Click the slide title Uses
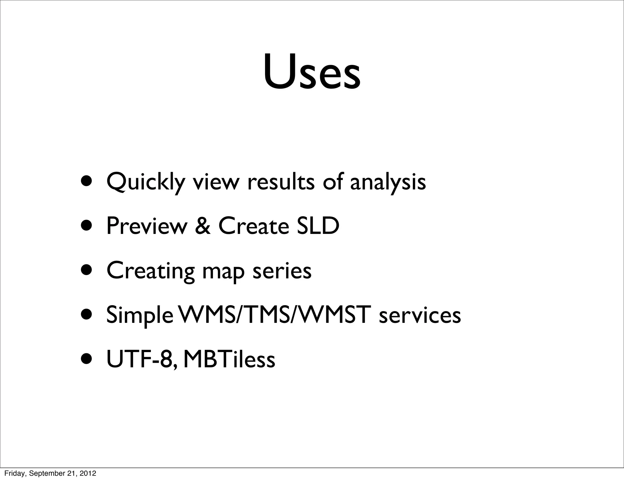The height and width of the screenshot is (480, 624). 312,72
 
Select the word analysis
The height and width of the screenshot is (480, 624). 388,182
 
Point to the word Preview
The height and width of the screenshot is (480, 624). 147,226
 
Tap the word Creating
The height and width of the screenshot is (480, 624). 151,271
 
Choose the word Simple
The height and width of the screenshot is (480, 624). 140,316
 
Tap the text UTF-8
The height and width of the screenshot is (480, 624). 141,359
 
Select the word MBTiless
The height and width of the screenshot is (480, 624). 229,359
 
